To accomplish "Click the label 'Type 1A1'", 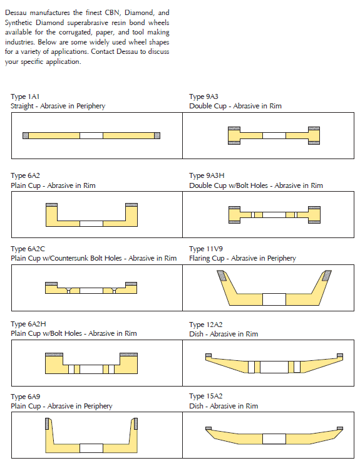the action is (25, 96).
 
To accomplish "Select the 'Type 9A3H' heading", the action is (207, 175).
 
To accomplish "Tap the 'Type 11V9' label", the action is (206, 249).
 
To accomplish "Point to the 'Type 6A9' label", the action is (25, 397).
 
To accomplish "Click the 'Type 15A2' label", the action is (206, 397).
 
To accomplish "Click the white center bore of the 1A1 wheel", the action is (91, 135).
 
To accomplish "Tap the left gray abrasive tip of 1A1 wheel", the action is (26, 135).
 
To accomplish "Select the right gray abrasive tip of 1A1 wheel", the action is (157, 135).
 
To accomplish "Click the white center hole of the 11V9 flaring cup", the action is (274, 299).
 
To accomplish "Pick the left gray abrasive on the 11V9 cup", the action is (222, 275).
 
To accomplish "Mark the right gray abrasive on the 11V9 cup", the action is (327, 275).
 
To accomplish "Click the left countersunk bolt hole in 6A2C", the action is (69, 290).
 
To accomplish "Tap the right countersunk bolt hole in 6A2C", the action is (114, 290).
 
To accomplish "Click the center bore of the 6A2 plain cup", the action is (91, 224).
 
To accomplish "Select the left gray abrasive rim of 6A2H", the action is (54, 355).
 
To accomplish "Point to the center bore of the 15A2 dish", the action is (274, 439).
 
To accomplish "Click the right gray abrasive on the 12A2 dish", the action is (340, 355).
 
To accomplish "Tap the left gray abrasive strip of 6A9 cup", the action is (47, 424).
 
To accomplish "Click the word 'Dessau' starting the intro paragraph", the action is (16, 13).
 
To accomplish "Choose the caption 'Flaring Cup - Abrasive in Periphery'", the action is (242, 258).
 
